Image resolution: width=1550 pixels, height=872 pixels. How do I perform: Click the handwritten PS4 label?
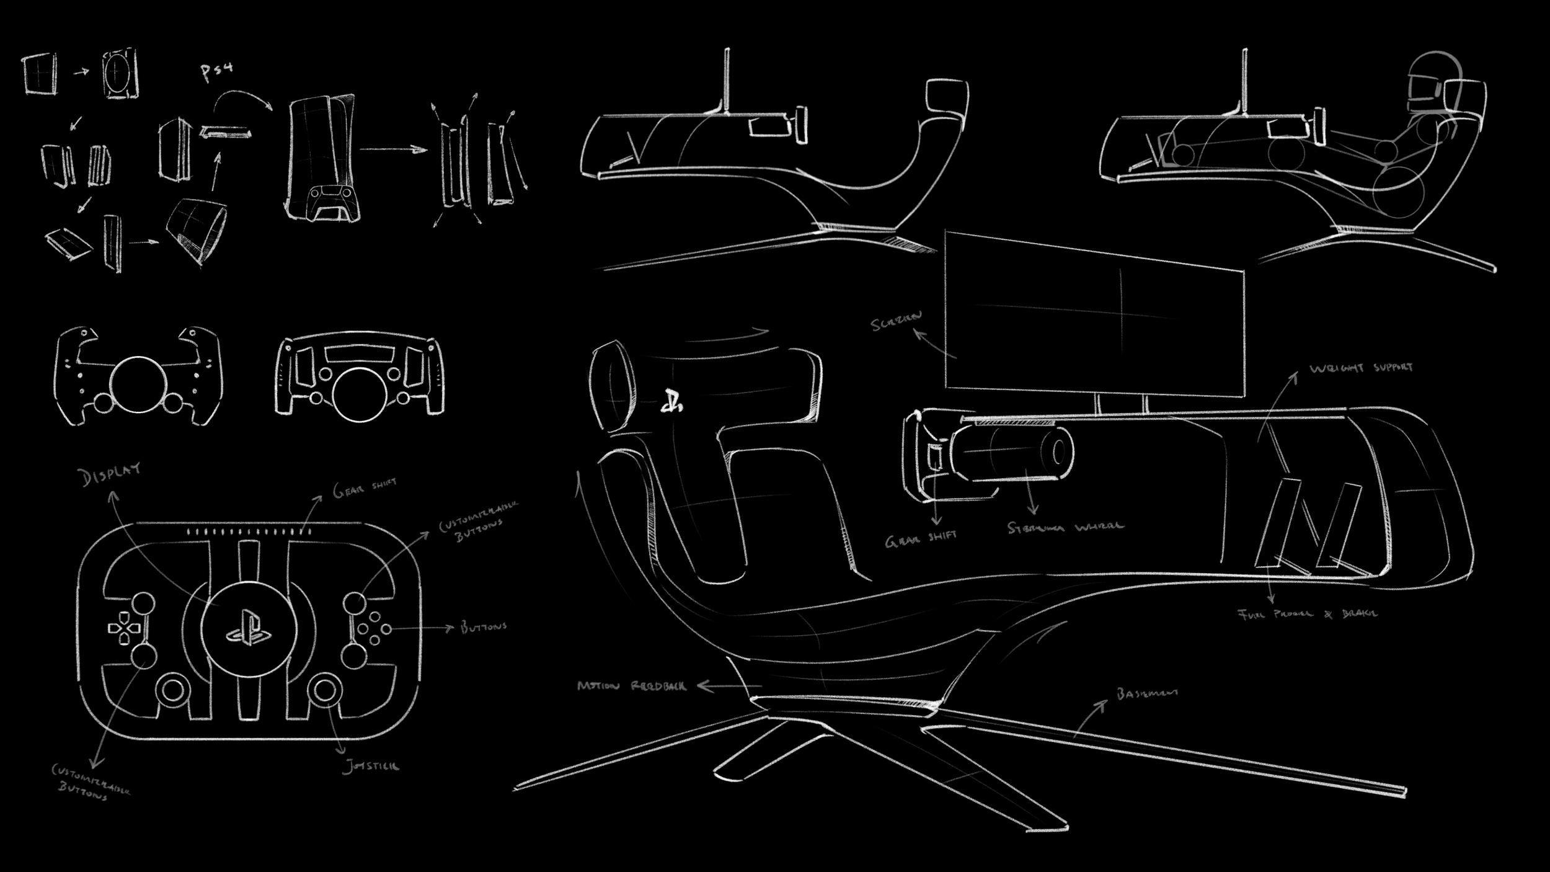click(217, 71)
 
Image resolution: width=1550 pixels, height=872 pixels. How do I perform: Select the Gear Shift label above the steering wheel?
click(364, 489)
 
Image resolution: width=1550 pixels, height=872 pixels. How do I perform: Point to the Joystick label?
click(371, 767)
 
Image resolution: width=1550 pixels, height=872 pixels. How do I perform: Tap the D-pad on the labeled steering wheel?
click(125, 628)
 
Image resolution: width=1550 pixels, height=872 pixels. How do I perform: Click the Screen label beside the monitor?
click(896, 323)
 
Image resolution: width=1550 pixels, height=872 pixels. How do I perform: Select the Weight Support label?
click(1360, 368)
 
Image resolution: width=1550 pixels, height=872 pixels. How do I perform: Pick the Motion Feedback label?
click(631, 686)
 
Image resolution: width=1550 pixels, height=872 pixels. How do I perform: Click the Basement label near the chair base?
click(1147, 693)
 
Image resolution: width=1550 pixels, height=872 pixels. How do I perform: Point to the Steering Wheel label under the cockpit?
click(1065, 528)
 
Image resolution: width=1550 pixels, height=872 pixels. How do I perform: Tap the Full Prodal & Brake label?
click(1307, 614)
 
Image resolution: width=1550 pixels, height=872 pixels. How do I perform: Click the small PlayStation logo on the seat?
click(671, 402)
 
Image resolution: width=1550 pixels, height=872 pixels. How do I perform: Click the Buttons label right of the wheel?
click(484, 627)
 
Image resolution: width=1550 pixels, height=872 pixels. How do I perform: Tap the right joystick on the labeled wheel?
click(325, 689)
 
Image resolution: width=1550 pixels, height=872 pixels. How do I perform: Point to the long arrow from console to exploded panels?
click(394, 149)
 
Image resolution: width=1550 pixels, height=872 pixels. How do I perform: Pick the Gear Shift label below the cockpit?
click(920, 540)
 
